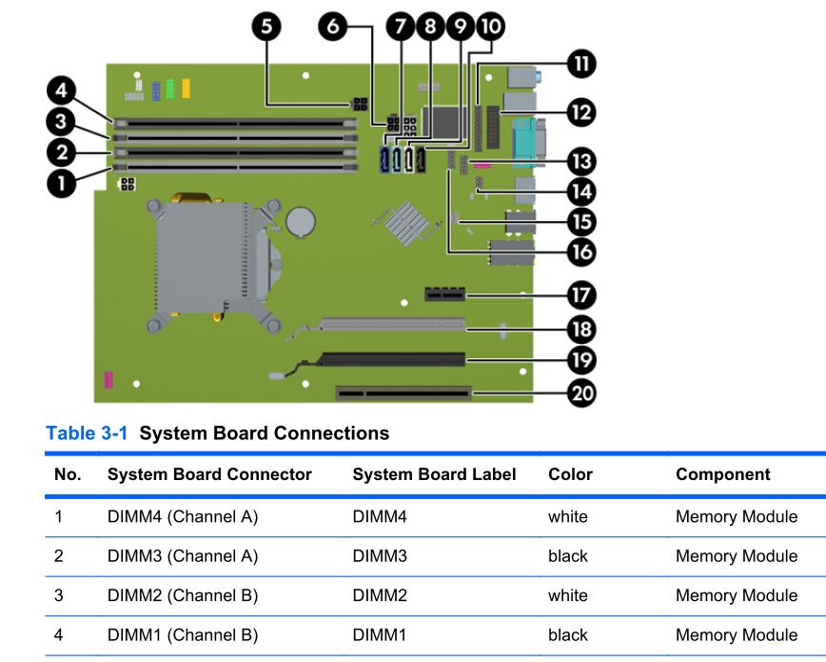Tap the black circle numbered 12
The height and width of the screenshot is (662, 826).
point(580,111)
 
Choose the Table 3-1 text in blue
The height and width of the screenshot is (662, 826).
point(88,433)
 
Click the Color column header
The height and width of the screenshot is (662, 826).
point(570,474)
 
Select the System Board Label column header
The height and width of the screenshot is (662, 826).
point(434,474)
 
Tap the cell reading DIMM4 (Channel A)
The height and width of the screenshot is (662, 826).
point(183,517)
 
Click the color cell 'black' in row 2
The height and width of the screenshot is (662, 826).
point(568,556)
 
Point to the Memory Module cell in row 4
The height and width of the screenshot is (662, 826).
point(737,635)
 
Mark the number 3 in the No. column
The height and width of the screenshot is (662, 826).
point(59,595)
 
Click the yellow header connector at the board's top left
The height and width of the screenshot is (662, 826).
point(187,89)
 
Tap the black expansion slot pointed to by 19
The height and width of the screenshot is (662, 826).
point(392,360)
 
